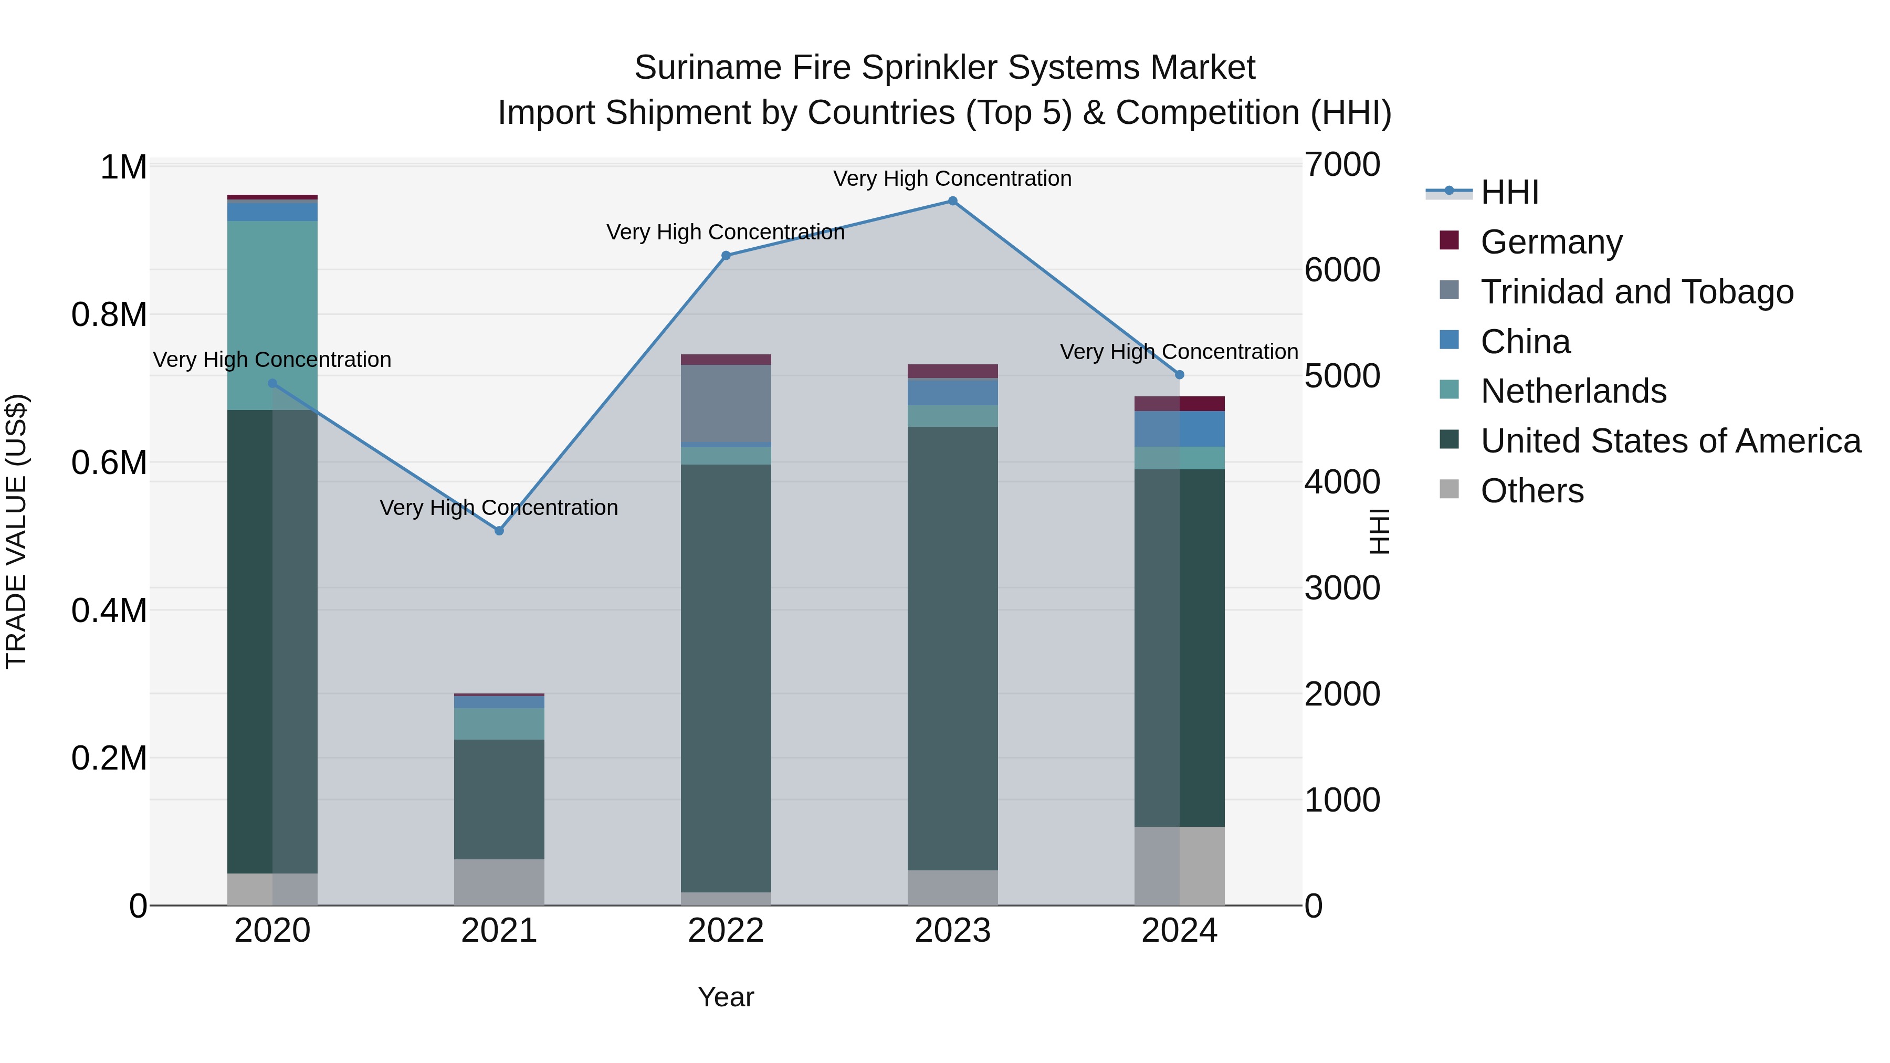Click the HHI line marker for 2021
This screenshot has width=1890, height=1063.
pyautogui.click(x=499, y=530)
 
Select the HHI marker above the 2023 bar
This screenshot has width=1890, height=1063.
pyautogui.click(x=952, y=201)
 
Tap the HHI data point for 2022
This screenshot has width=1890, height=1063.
pyautogui.click(x=726, y=255)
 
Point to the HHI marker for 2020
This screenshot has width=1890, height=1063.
pyautogui.click(x=272, y=383)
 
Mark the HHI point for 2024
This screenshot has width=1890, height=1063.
pyautogui.click(x=1179, y=375)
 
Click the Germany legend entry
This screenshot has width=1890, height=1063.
pyautogui.click(x=1551, y=241)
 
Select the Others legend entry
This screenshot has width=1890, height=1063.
pyautogui.click(x=1532, y=490)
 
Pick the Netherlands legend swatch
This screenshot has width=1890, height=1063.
pyautogui.click(x=1449, y=390)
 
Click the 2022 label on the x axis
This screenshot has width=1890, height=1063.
pyautogui.click(x=726, y=931)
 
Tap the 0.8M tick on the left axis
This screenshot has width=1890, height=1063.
pyautogui.click(x=109, y=315)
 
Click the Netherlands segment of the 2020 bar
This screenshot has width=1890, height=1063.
pyautogui.click(x=272, y=315)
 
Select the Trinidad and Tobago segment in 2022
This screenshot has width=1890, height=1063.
pyautogui.click(x=726, y=404)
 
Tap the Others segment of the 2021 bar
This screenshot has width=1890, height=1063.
pyautogui.click(x=499, y=882)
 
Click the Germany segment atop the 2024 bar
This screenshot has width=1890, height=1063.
pyautogui.click(x=1179, y=404)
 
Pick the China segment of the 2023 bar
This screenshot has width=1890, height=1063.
pyautogui.click(x=952, y=393)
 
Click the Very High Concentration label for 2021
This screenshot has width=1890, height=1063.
pyautogui.click(x=499, y=508)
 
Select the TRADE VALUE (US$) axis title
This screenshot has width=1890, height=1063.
pyautogui.click(x=16, y=531)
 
